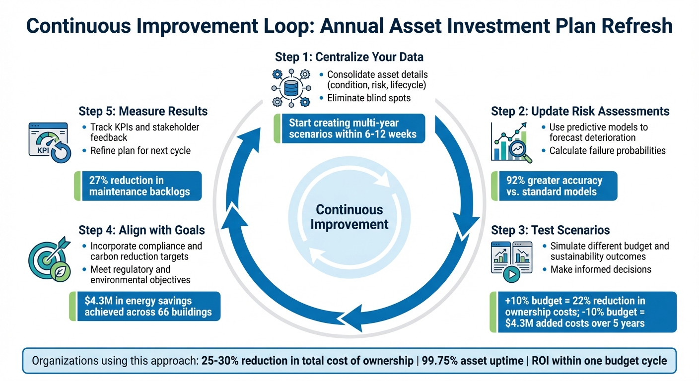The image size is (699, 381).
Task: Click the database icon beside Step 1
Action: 290,88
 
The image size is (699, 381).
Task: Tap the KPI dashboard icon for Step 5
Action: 49,143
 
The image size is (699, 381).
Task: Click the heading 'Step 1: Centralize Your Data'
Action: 349,57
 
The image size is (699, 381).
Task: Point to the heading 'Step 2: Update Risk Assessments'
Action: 580,111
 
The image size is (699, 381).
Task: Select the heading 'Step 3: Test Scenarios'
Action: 550,230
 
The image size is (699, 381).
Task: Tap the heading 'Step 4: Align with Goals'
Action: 141,230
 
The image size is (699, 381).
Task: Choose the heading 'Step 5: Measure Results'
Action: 143,111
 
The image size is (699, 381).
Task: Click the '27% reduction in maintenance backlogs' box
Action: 139,186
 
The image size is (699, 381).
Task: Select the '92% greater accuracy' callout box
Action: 554,186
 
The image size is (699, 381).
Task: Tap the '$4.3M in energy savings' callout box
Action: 145,306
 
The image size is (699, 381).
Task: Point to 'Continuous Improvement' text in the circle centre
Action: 349,217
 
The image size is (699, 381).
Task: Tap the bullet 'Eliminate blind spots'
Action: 369,98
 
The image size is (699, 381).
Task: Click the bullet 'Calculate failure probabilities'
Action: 607,150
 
